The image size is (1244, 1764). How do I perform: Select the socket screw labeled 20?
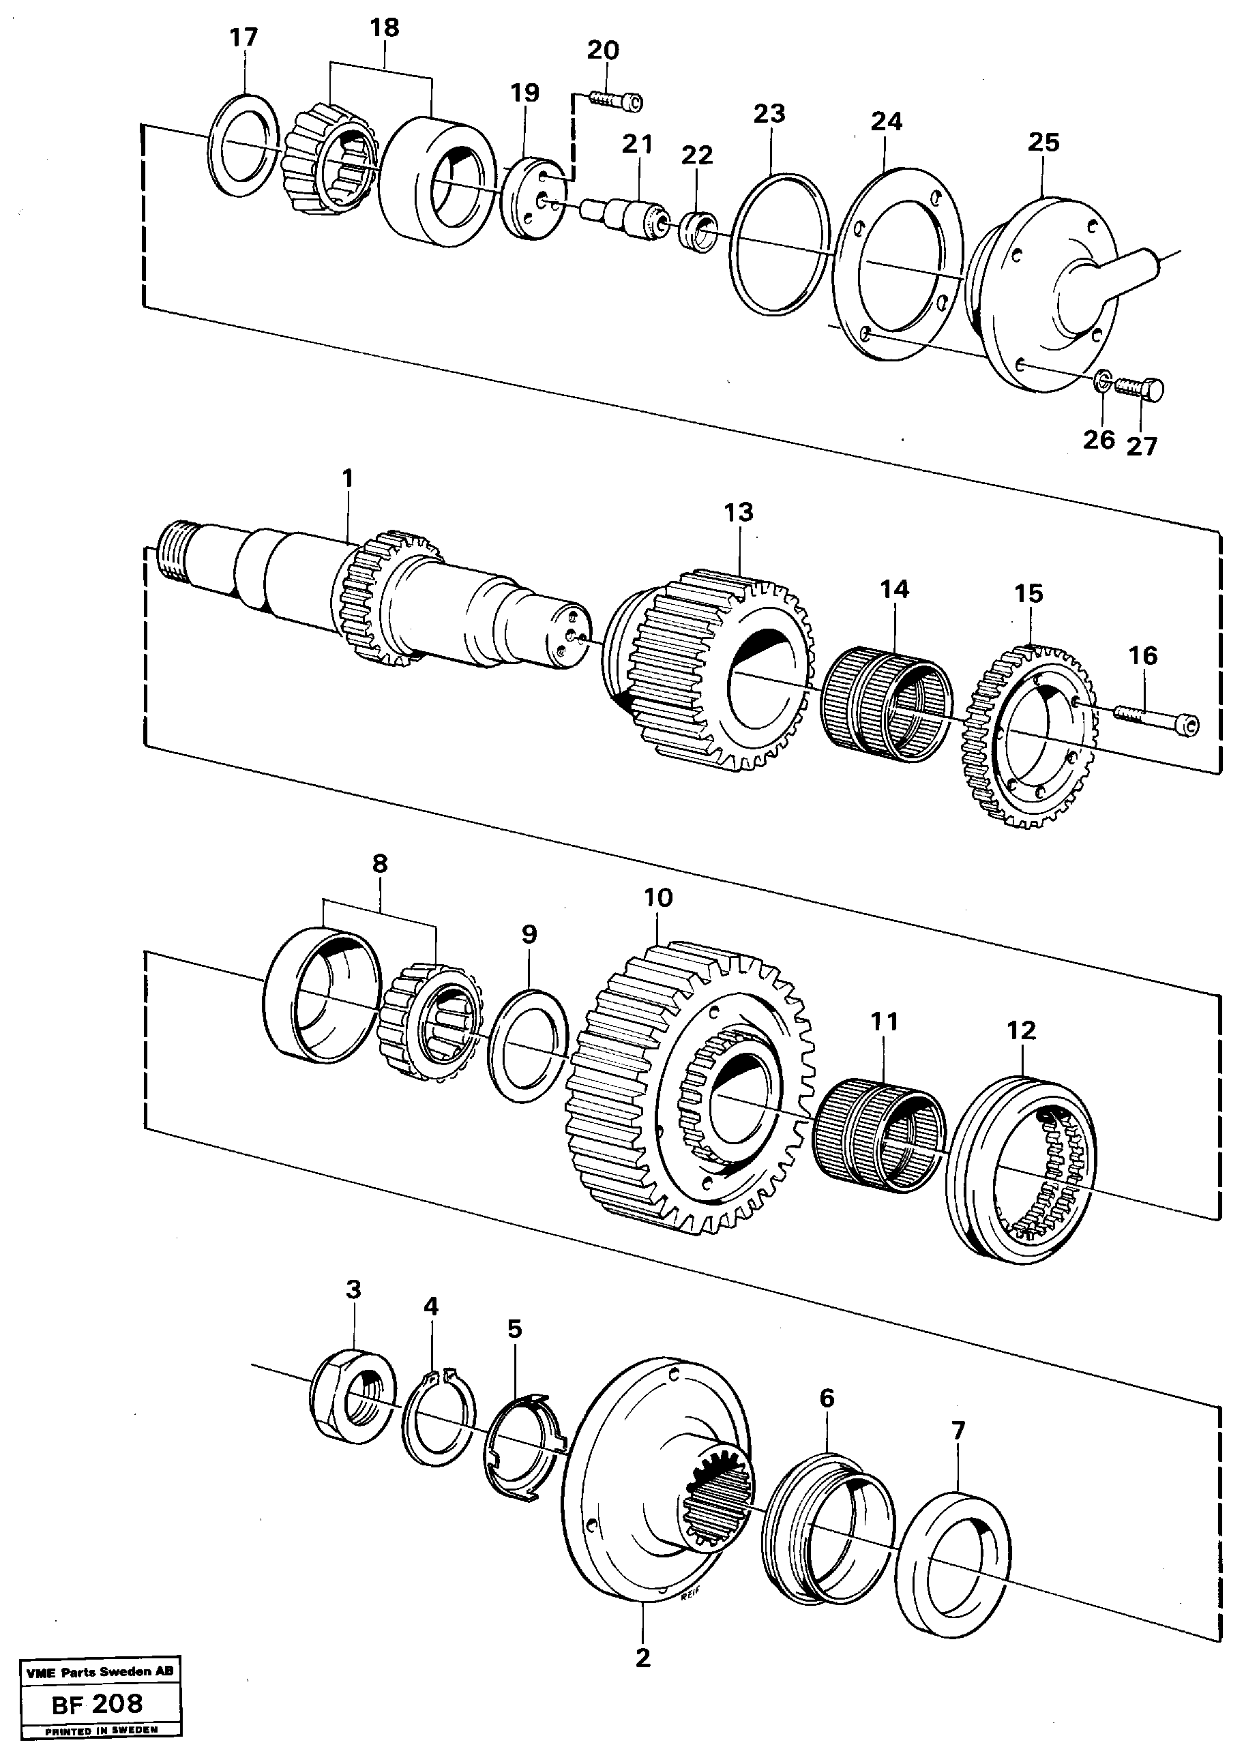click(x=615, y=101)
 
